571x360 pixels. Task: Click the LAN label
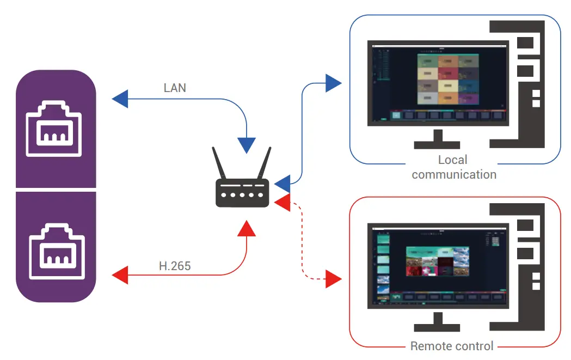point(175,88)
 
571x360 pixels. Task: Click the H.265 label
point(175,266)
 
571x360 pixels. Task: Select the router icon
point(242,191)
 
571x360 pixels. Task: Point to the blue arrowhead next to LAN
point(120,99)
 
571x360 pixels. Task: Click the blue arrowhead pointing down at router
point(247,144)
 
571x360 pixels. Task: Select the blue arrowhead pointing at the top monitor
point(333,83)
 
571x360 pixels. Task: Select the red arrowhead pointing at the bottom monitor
point(333,279)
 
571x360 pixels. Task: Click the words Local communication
point(453,167)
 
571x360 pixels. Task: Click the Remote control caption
point(452,346)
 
